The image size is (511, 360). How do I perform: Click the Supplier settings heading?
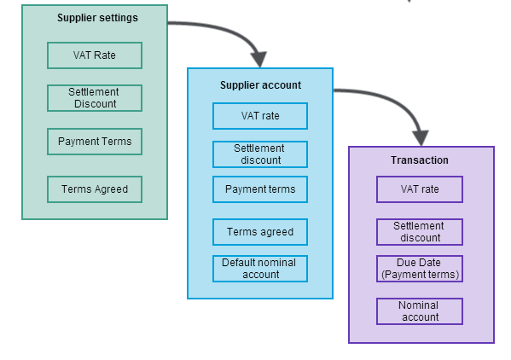point(97,18)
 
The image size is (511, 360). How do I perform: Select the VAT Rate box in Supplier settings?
point(95,55)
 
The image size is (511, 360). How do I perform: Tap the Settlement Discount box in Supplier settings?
point(95,98)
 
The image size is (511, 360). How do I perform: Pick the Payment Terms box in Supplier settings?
point(95,142)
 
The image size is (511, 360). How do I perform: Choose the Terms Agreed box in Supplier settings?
point(95,189)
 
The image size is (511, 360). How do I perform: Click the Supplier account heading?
point(260,85)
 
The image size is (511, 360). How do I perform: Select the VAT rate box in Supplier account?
point(260,116)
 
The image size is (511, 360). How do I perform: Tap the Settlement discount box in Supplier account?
point(260,154)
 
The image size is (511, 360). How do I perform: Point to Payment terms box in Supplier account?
point(260,189)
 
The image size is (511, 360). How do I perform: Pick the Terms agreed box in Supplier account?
point(260,232)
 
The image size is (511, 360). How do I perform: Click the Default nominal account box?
point(260,269)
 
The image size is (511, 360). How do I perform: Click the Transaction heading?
point(420,160)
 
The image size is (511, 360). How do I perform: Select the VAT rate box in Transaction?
point(420,189)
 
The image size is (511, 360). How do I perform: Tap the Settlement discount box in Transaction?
point(420,232)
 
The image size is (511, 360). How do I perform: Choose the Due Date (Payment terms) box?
point(420,269)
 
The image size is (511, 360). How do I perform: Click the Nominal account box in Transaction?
point(420,311)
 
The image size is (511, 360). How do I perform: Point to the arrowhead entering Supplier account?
point(258,60)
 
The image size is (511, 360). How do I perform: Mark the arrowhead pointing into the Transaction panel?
point(421,137)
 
